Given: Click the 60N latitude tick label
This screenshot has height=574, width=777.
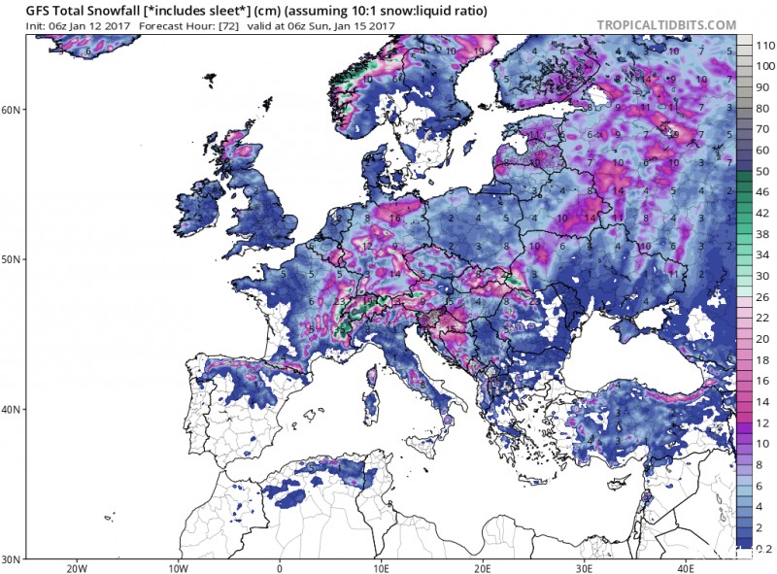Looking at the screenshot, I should (x=13, y=110).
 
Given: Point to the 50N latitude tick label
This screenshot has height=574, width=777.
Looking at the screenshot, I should (x=13, y=259).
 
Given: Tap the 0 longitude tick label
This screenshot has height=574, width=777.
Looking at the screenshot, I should (x=280, y=567).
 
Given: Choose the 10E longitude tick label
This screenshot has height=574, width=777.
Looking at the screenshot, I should (x=381, y=567).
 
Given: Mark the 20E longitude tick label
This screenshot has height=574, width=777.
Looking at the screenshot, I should (x=482, y=567).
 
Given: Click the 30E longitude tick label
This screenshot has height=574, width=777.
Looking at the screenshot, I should (x=583, y=567).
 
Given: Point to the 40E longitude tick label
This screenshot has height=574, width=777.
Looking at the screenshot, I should (x=684, y=567).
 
